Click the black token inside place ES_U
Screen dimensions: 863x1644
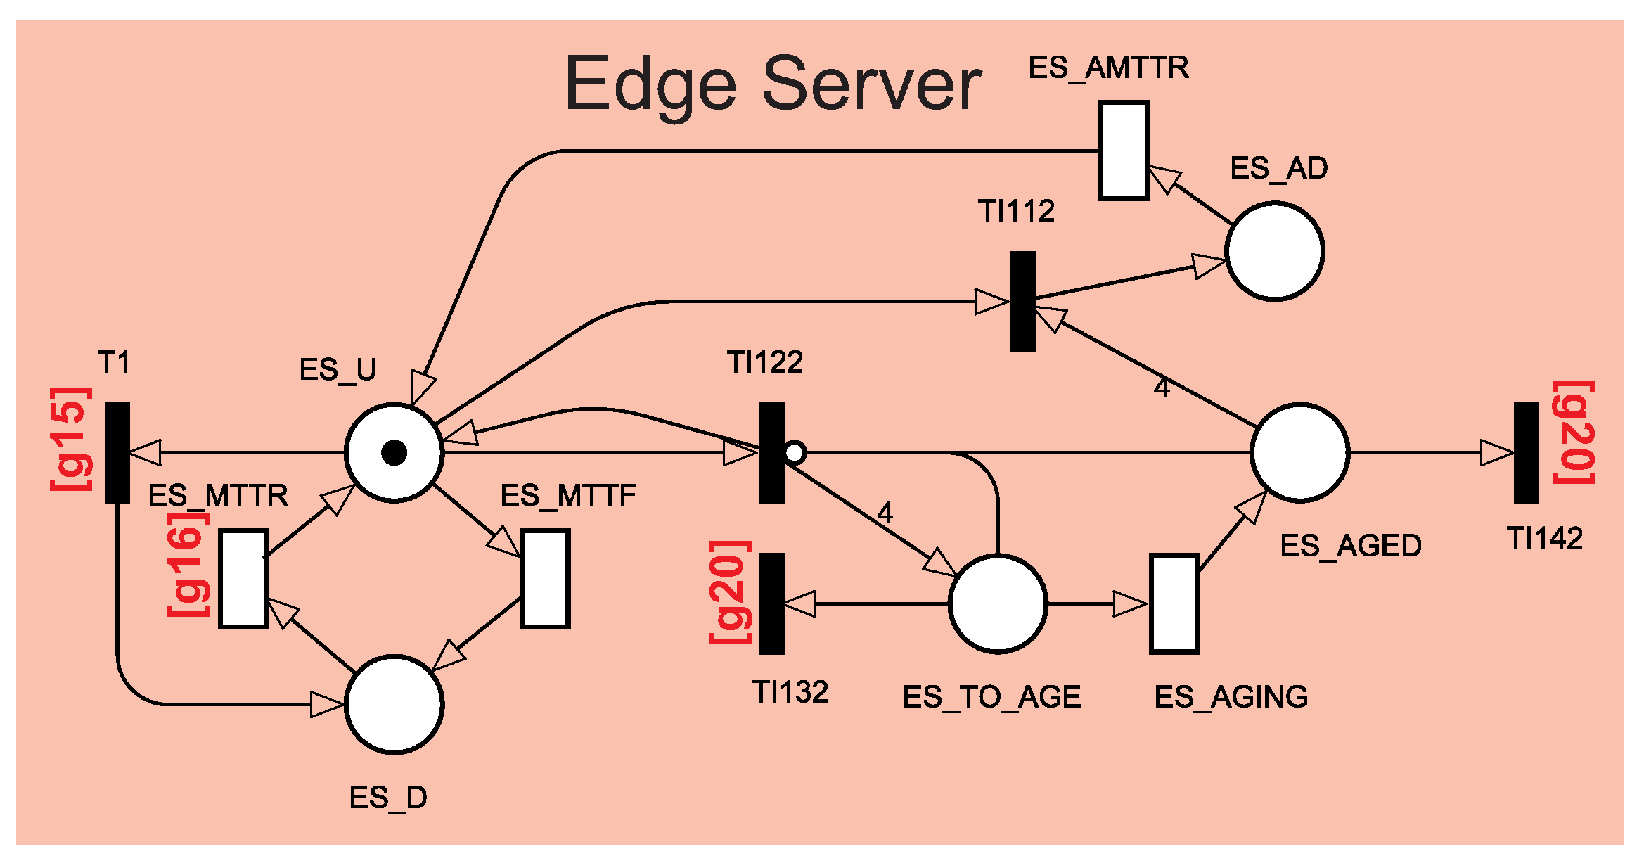click(x=394, y=453)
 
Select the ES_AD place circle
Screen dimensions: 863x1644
click(x=1274, y=251)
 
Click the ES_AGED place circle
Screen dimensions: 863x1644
click(x=1299, y=453)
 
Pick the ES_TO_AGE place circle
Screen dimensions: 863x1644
click(x=998, y=603)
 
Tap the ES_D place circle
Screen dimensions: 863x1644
click(x=394, y=704)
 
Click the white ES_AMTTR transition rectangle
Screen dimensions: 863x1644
click(x=1124, y=151)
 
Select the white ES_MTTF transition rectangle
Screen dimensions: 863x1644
click(x=545, y=579)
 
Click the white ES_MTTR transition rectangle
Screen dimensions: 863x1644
click(x=243, y=579)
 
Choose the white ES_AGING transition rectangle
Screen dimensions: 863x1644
click(x=1174, y=603)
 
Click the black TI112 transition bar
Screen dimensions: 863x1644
click(x=1023, y=302)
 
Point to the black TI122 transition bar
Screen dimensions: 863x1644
click(x=771, y=453)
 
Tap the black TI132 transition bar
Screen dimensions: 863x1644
click(x=771, y=603)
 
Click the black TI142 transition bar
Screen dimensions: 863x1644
click(x=1526, y=453)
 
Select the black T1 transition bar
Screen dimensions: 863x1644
click(x=117, y=453)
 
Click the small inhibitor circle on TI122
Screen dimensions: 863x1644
click(x=795, y=452)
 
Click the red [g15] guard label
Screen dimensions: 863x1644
click(x=71, y=438)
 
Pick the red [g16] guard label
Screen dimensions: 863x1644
click(x=188, y=565)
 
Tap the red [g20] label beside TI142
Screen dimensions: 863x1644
click(x=1574, y=433)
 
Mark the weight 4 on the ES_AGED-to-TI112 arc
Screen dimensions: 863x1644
click(x=1162, y=388)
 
